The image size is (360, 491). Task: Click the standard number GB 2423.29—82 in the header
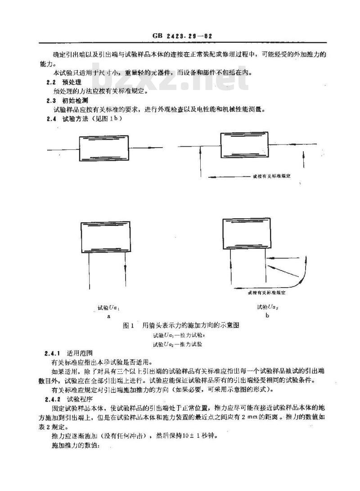pos(180,36)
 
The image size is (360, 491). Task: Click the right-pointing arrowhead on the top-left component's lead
pos(159,147)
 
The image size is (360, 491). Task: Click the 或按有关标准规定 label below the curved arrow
pos(267,293)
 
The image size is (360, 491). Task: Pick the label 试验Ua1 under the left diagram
pos(108,308)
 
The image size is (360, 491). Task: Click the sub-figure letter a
pos(108,316)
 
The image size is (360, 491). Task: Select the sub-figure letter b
pos(267,316)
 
